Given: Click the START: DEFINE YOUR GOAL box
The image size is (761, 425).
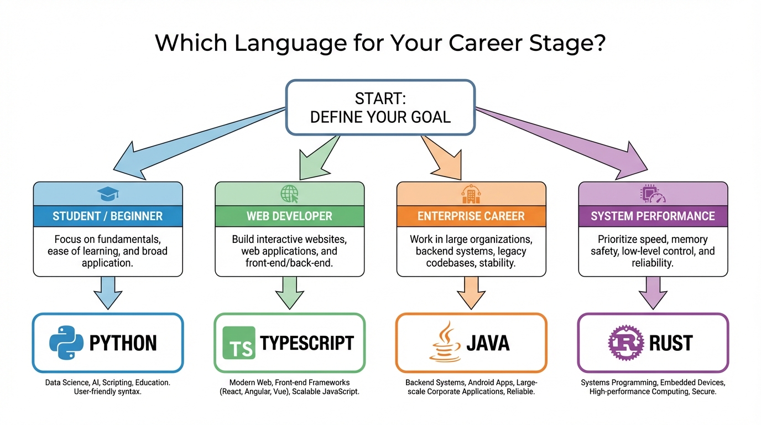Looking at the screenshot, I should click(x=380, y=108).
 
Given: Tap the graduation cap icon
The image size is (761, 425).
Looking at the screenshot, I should click(x=108, y=194).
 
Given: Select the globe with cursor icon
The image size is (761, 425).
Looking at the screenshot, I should click(x=289, y=194).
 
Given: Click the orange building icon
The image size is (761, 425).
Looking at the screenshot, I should click(x=471, y=194).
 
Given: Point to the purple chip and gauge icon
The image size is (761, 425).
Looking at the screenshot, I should click(x=653, y=194).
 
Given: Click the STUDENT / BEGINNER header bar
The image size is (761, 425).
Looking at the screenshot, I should click(x=108, y=216).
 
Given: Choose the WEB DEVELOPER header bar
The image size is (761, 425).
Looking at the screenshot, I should click(x=289, y=216).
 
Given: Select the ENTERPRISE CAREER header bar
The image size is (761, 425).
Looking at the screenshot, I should click(x=471, y=216).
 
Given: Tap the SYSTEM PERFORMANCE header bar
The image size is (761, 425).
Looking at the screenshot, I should click(x=653, y=216).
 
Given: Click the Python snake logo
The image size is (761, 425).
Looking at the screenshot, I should click(x=66, y=343).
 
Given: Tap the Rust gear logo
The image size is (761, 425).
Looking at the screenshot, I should click(x=625, y=343).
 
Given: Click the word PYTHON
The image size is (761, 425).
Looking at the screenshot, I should click(x=123, y=343).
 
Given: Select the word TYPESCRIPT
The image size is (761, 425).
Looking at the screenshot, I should click(x=306, y=343).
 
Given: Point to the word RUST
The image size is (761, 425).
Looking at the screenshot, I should click(x=670, y=343).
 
